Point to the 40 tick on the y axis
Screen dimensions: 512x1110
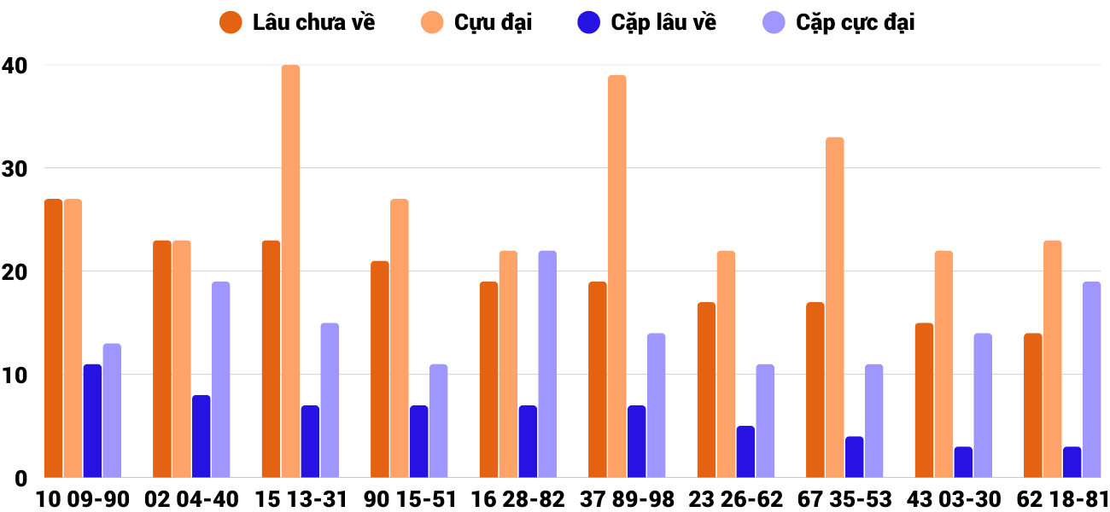(15, 65)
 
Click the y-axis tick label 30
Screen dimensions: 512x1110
(15, 168)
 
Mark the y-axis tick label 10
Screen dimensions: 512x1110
(15, 375)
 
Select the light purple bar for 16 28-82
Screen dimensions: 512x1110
(547, 364)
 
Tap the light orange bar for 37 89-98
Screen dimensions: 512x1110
(616, 276)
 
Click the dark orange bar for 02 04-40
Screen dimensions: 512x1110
(162, 359)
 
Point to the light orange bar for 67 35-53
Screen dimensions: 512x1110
(834, 307)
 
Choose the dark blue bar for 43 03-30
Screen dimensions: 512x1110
(963, 462)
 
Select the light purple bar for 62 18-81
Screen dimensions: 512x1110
(1091, 380)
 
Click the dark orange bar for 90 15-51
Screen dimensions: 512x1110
(380, 369)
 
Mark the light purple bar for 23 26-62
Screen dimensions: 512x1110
(765, 421)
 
